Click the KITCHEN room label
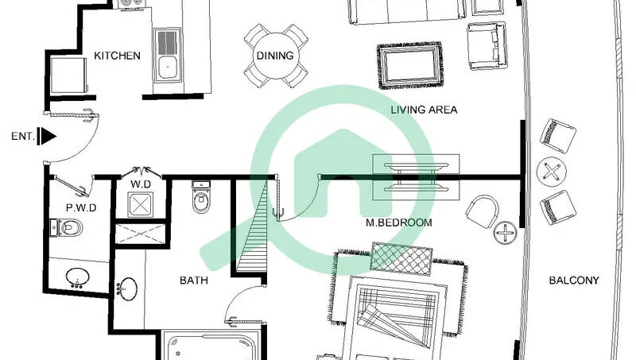tap(117, 56)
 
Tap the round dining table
tap(275, 56)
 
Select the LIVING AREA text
tap(424, 110)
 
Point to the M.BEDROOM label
tap(399, 223)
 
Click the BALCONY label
tap(574, 281)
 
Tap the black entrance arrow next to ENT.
tap(47, 136)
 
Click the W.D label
tap(141, 184)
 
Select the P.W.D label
tap(81, 208)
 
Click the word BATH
tap(194, 281)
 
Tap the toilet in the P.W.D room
tap(66, 228)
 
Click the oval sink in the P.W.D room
tap(77, 277)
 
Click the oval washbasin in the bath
tap(128, 289)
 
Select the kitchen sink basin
tap(167, 68)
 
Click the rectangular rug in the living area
tap(409, 65)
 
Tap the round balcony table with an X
tap(551, 172)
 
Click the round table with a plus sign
tap(506, 233)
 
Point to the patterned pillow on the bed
tap(401, 259)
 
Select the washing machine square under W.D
tap(141, 204)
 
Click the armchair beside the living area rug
tap(487, 46)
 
